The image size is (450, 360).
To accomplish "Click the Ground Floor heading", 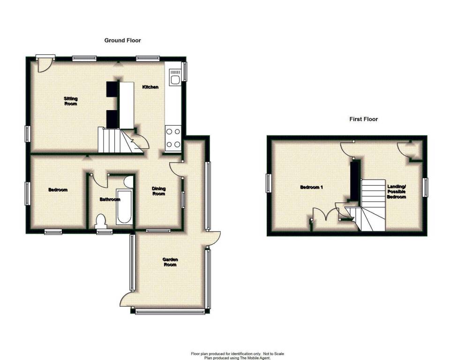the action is click(x=122, y=40).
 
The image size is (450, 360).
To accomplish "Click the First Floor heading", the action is click(x=364, y=119).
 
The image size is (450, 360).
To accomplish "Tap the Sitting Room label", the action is click(x=71, y=101).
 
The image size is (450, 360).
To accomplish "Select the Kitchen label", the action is click(x=150, y=87).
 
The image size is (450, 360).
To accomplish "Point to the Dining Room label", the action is click(x=159, y=191).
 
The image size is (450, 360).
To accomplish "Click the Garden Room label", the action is click(x=170, y=262).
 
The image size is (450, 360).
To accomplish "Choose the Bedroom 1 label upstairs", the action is click(x=312, y=187).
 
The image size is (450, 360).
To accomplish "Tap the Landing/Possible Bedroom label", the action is click(x=397, y=192).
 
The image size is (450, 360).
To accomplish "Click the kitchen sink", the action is click(x=175, y=77).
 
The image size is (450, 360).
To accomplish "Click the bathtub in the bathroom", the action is click(x=124, y=206).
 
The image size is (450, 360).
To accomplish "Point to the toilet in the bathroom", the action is click(x=101, y=221).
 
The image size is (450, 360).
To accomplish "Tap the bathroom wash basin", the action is click(x=129, y=182).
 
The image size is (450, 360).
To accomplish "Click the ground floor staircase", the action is click(x=120, y=141).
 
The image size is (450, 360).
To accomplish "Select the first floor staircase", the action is click(x=370, y=205).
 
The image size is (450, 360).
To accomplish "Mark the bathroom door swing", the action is click(x=99, y=181).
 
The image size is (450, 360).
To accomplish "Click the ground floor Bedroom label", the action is click(x=58, y=190).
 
